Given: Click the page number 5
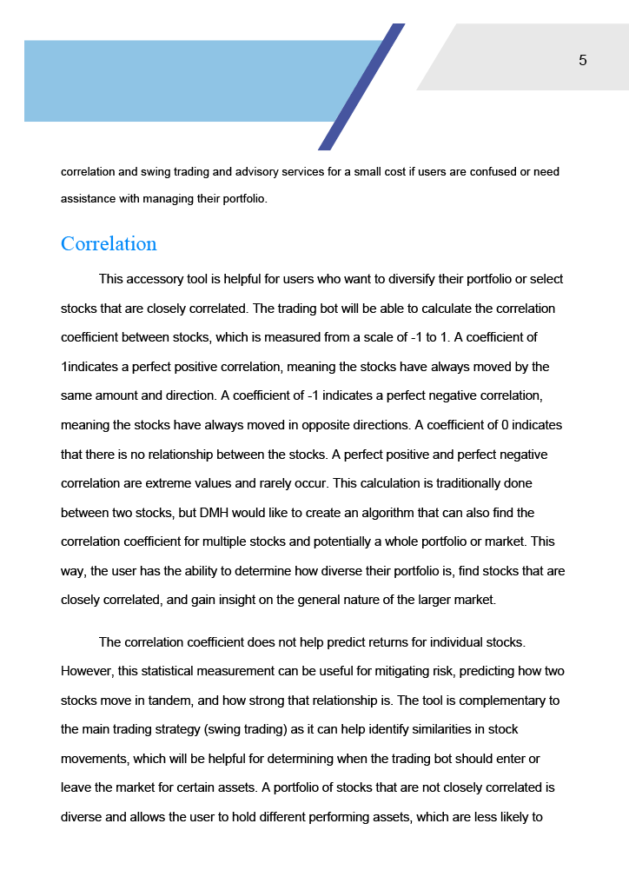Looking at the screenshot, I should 582,60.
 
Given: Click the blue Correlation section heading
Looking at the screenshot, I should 109,243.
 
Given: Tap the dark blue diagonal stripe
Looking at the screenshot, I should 361,87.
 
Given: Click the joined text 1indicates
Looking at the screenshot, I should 93,367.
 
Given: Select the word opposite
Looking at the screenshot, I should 321,425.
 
